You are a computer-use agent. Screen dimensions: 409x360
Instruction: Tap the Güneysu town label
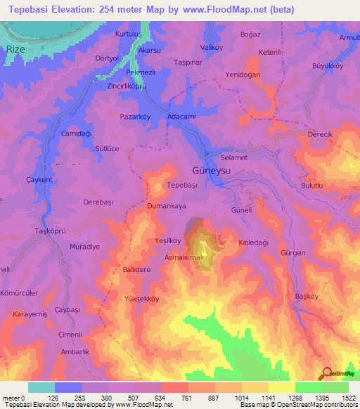click(x=211, y=171)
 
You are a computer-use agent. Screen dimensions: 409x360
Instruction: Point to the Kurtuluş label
click(x=134, y=34)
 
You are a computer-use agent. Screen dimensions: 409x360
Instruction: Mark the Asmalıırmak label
click(x=184, y=258)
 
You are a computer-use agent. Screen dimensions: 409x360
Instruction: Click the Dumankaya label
click(x=167, y=207)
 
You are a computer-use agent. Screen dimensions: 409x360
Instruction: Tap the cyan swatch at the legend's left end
click(x=41, y=387)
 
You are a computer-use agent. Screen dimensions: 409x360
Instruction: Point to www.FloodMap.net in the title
click(x=219, y=9)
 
